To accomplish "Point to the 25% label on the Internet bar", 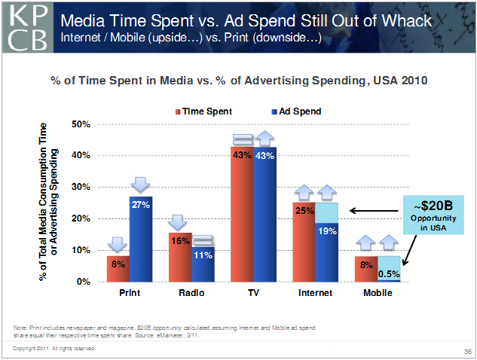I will coord(304,211).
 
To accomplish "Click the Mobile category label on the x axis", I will coord(378,292).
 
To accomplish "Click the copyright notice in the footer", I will coord(54,348).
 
